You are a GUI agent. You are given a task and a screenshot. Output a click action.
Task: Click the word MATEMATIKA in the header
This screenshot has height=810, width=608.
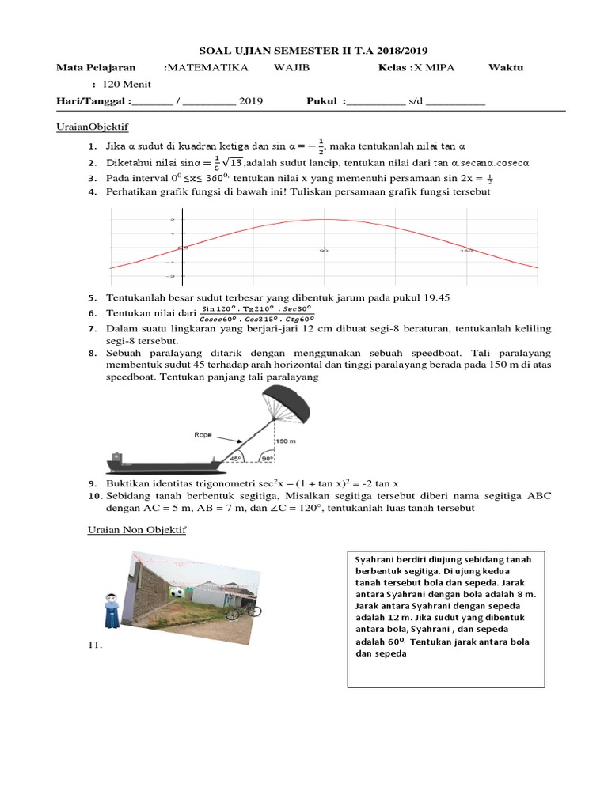click(207, 68)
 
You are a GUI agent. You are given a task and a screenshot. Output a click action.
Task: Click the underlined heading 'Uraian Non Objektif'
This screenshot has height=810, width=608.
click(136, 529)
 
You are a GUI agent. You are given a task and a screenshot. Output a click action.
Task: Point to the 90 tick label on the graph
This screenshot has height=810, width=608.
click(323, 251)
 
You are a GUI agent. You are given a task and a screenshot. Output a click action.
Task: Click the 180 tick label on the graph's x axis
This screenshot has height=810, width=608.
click(467, 251)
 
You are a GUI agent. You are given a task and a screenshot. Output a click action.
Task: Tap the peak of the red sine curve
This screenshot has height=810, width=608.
click(323, 220)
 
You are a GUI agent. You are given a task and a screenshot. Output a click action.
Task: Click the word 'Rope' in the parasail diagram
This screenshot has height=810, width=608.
click(203, 433)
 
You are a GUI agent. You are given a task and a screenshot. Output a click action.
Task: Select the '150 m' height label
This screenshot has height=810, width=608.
click(287, 441)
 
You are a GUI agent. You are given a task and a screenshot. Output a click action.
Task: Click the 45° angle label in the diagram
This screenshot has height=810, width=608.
click(235, 458)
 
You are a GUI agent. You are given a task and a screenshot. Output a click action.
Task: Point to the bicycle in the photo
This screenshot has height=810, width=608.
click(243, 610)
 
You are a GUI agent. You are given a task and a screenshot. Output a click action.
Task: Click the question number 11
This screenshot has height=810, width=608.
click(95, 646)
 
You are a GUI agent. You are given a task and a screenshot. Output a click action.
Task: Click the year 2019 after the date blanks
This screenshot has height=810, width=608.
click(251, 101)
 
